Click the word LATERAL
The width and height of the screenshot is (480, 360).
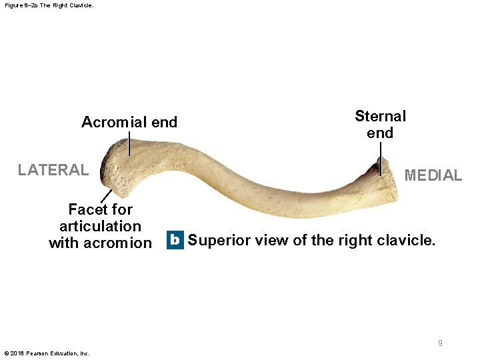pos(53,170)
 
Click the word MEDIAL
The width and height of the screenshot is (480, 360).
pos(433,175)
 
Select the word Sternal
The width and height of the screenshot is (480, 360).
pos(380,116)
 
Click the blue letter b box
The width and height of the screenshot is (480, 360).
pos(174,240)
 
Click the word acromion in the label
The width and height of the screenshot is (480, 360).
pos(121,243)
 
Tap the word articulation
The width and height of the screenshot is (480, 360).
pos(100,227)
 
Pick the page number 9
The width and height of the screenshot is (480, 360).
pos(440,343)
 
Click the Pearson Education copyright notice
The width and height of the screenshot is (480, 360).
pos(47,353)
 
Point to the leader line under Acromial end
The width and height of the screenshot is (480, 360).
pos(129,143)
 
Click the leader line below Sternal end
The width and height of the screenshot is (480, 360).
pos(381,159)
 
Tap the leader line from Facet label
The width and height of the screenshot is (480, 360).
pos(106,196)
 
